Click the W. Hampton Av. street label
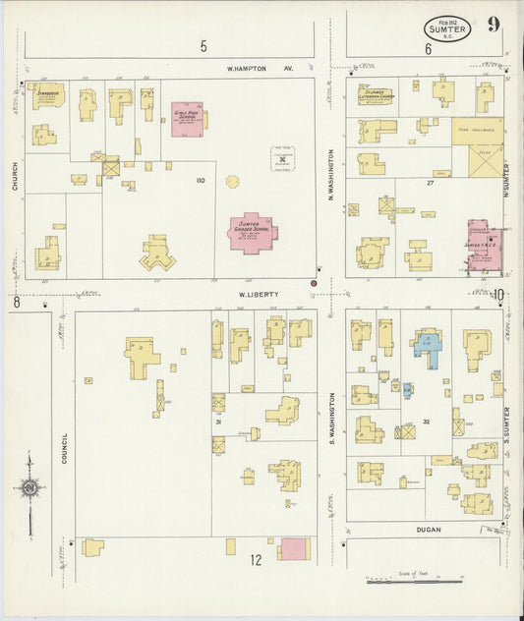(x=261, y=70)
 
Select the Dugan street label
(x=428, y=530)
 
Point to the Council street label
(x=64, y=448)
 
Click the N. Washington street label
(x=331, y=170)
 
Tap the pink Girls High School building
(x=187, y=118)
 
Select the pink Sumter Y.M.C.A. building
(x=482, y=246)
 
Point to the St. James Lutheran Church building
(x=377, y=95)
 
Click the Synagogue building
(x=46, y=97)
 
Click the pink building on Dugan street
(x=292, y=549)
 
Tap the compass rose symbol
(x=30, y=488)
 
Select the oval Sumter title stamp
(x=447, y=28)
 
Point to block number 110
(x=200, y=181)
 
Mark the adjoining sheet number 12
(x=256, y=561)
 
